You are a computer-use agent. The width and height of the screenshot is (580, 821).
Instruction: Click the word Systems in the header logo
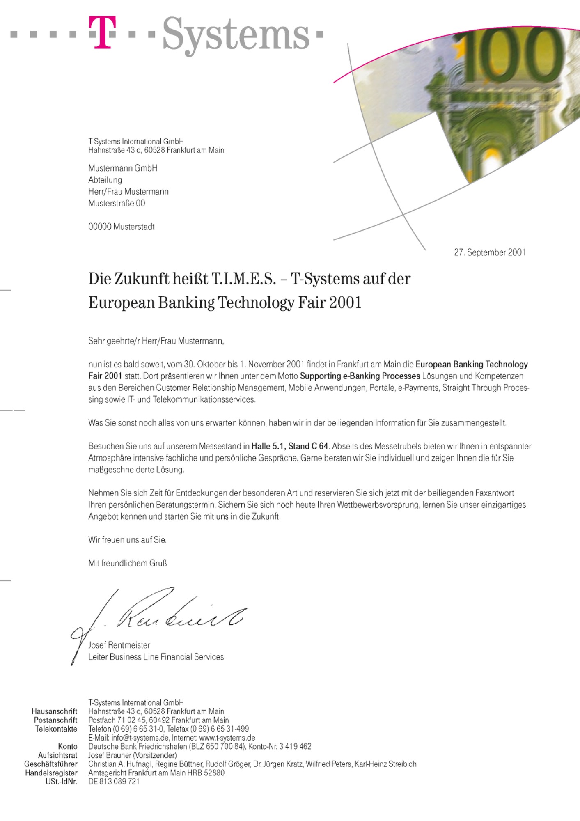click(236, 35)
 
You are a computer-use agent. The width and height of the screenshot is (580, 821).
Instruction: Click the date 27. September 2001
click(489, 252)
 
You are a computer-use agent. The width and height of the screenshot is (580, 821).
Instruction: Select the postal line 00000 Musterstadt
click(121, 227)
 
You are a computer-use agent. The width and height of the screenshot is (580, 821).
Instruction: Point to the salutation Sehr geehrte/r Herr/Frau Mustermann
click(156, 341)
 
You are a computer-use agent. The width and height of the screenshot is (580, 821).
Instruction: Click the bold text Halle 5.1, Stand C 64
click(290, 446)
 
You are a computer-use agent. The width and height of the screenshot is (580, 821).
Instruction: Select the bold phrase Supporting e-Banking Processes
click(360, 376)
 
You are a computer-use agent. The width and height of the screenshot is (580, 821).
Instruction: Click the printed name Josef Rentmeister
click(119, 645)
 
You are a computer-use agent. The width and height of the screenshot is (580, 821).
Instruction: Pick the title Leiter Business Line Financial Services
click(156, 657)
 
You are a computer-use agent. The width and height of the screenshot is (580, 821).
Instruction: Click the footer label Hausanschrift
click(54, 711)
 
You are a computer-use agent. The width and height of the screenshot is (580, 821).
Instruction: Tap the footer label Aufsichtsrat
click(57, 755)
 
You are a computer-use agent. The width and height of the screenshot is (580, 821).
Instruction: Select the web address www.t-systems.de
click(227, 738)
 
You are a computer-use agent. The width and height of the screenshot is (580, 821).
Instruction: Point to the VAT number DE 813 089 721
click(114, 782)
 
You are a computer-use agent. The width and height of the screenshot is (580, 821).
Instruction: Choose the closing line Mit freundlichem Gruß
click(127, 563)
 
